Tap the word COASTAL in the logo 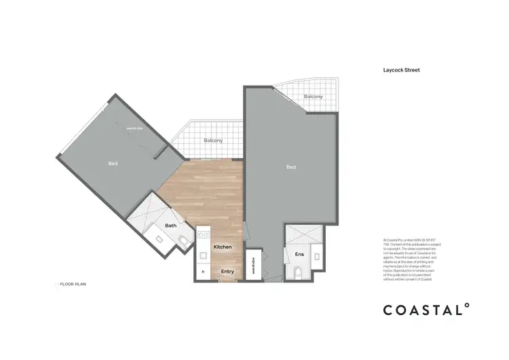pyautogui.click(x=421, y=310)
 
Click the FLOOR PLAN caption pyautogui.click(x=71, y=285)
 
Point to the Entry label pyautogui.click(x=227, y=272)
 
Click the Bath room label pyautogui.click(x=170, y=225)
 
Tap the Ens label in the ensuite pyautogui.click(x=299, y=254)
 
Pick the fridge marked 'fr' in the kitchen pyautogui.click(x=202, y=272)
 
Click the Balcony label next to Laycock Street pyautogui.click(x=313, y=96)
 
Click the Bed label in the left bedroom pyautogui.click(x=113, y=164)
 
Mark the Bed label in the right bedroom pyautogui.click(x=291, y=167)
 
